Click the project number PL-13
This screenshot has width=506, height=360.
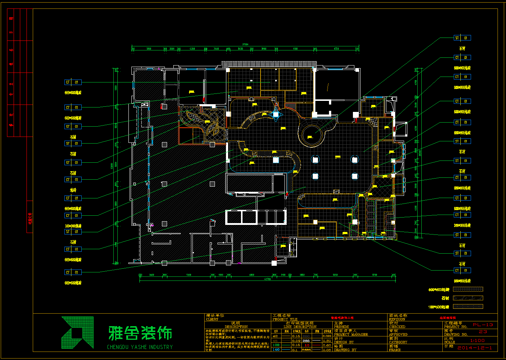[x=483, y=325]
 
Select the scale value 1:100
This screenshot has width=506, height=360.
[x=477, y=340]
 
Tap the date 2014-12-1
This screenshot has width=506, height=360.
[x=475, y=348]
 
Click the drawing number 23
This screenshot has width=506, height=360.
[x=483, y=332]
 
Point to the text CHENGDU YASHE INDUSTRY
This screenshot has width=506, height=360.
[x=140, y=347]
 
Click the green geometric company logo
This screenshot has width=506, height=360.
[x=78, y=332]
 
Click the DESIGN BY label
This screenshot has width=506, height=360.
[x=344, y=342]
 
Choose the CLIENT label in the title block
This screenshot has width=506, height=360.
[x=212, y=319]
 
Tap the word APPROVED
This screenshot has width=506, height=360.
[x=397, y=334]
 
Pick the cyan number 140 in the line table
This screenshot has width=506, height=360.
[x=276, y=349]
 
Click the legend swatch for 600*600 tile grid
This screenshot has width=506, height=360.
[x=468, y=289]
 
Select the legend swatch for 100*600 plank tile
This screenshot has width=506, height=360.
[x=468, y=306]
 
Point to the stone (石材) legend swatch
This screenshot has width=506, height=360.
[x=468, y=298]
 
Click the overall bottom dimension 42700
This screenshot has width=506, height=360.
[x=267, y=279]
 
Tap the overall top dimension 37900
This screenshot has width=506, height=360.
[x=245, y=45]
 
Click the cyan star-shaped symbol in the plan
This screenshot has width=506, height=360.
[x=276, y=114]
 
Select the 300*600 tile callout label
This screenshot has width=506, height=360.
[x=462, y=225]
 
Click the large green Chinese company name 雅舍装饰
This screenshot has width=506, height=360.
[x=140, y=333]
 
